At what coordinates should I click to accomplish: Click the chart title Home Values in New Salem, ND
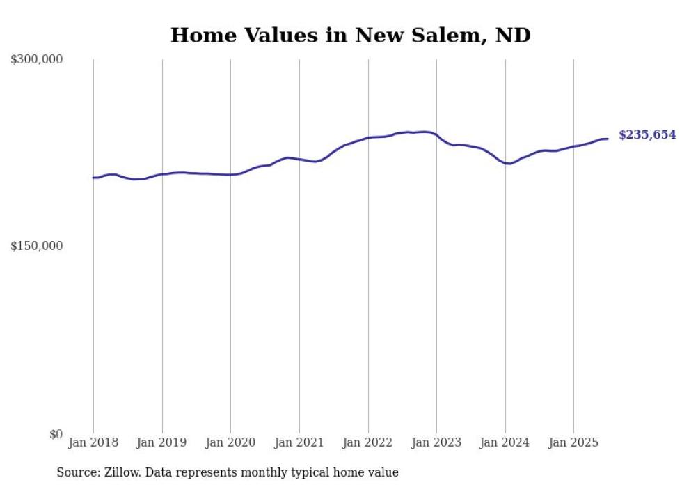350,36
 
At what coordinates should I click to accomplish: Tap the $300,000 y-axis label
37,60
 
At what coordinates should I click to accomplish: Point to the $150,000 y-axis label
37,246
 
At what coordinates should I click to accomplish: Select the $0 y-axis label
56,434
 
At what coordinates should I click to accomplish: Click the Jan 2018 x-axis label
93,442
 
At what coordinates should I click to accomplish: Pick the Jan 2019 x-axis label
162,442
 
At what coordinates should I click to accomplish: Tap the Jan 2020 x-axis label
230,442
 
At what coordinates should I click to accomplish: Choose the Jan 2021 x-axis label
299,442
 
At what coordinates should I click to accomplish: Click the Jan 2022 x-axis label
368,442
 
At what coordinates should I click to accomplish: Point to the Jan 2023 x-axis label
436,442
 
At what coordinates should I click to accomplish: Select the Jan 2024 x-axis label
505,442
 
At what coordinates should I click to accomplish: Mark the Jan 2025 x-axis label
573,442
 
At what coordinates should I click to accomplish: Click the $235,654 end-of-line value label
647,135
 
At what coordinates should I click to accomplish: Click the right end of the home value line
608,139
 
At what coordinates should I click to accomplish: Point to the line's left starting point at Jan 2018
93,178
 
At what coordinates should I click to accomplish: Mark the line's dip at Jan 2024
509,164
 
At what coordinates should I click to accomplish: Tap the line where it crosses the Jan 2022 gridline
368,138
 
